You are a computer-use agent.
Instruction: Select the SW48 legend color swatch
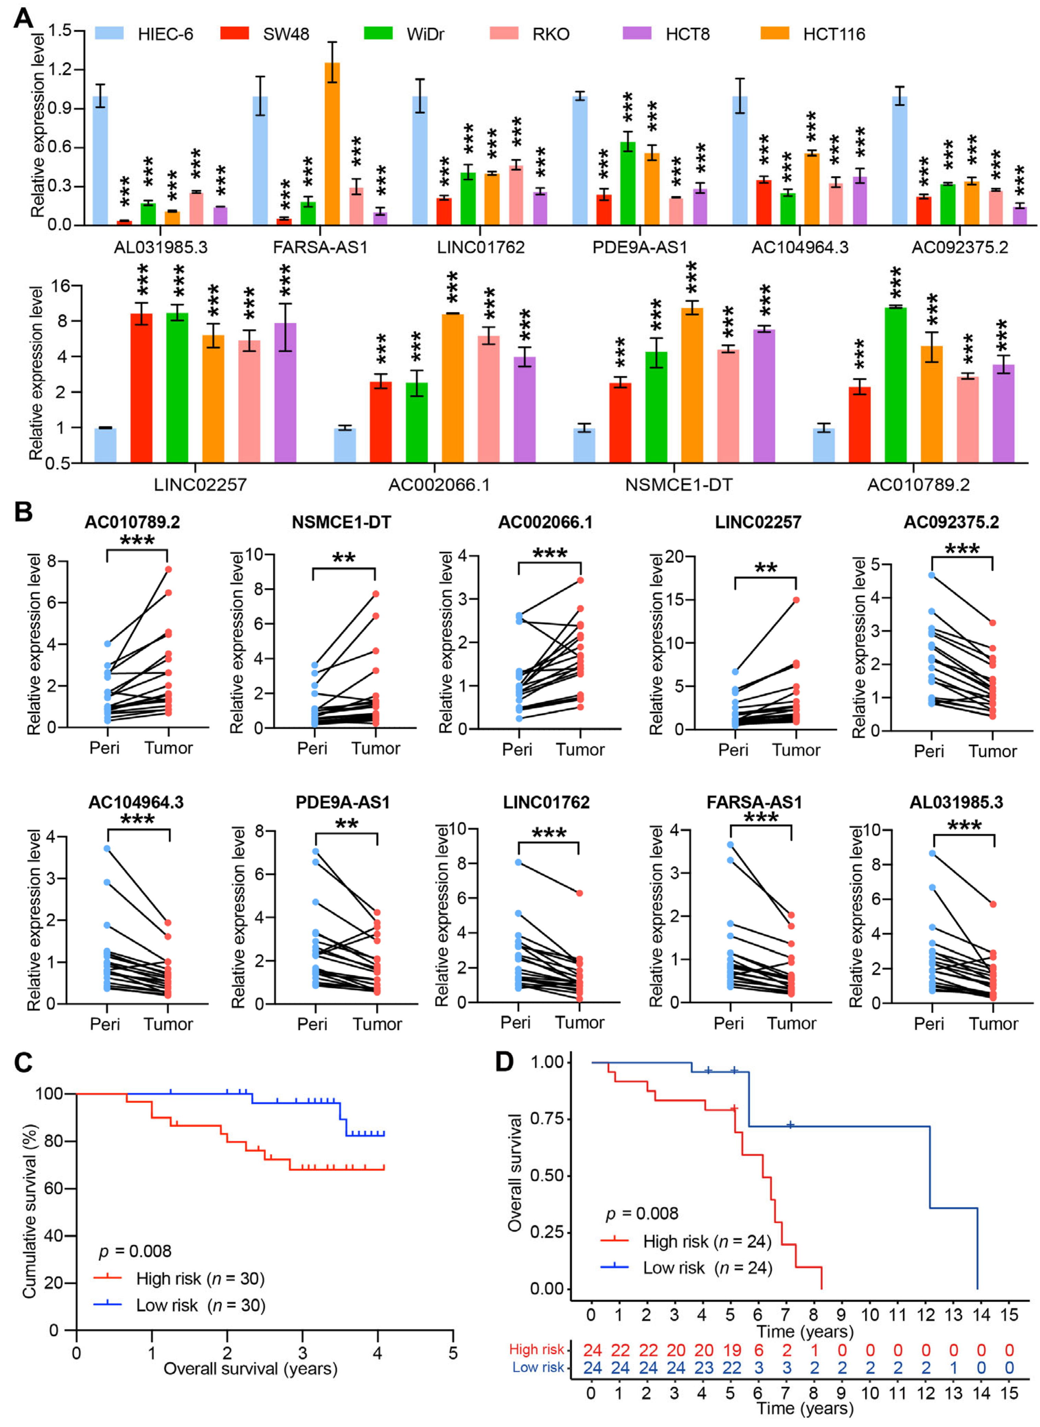click(234, 33)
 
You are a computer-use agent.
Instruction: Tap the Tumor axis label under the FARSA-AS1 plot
click(791, 1024)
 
